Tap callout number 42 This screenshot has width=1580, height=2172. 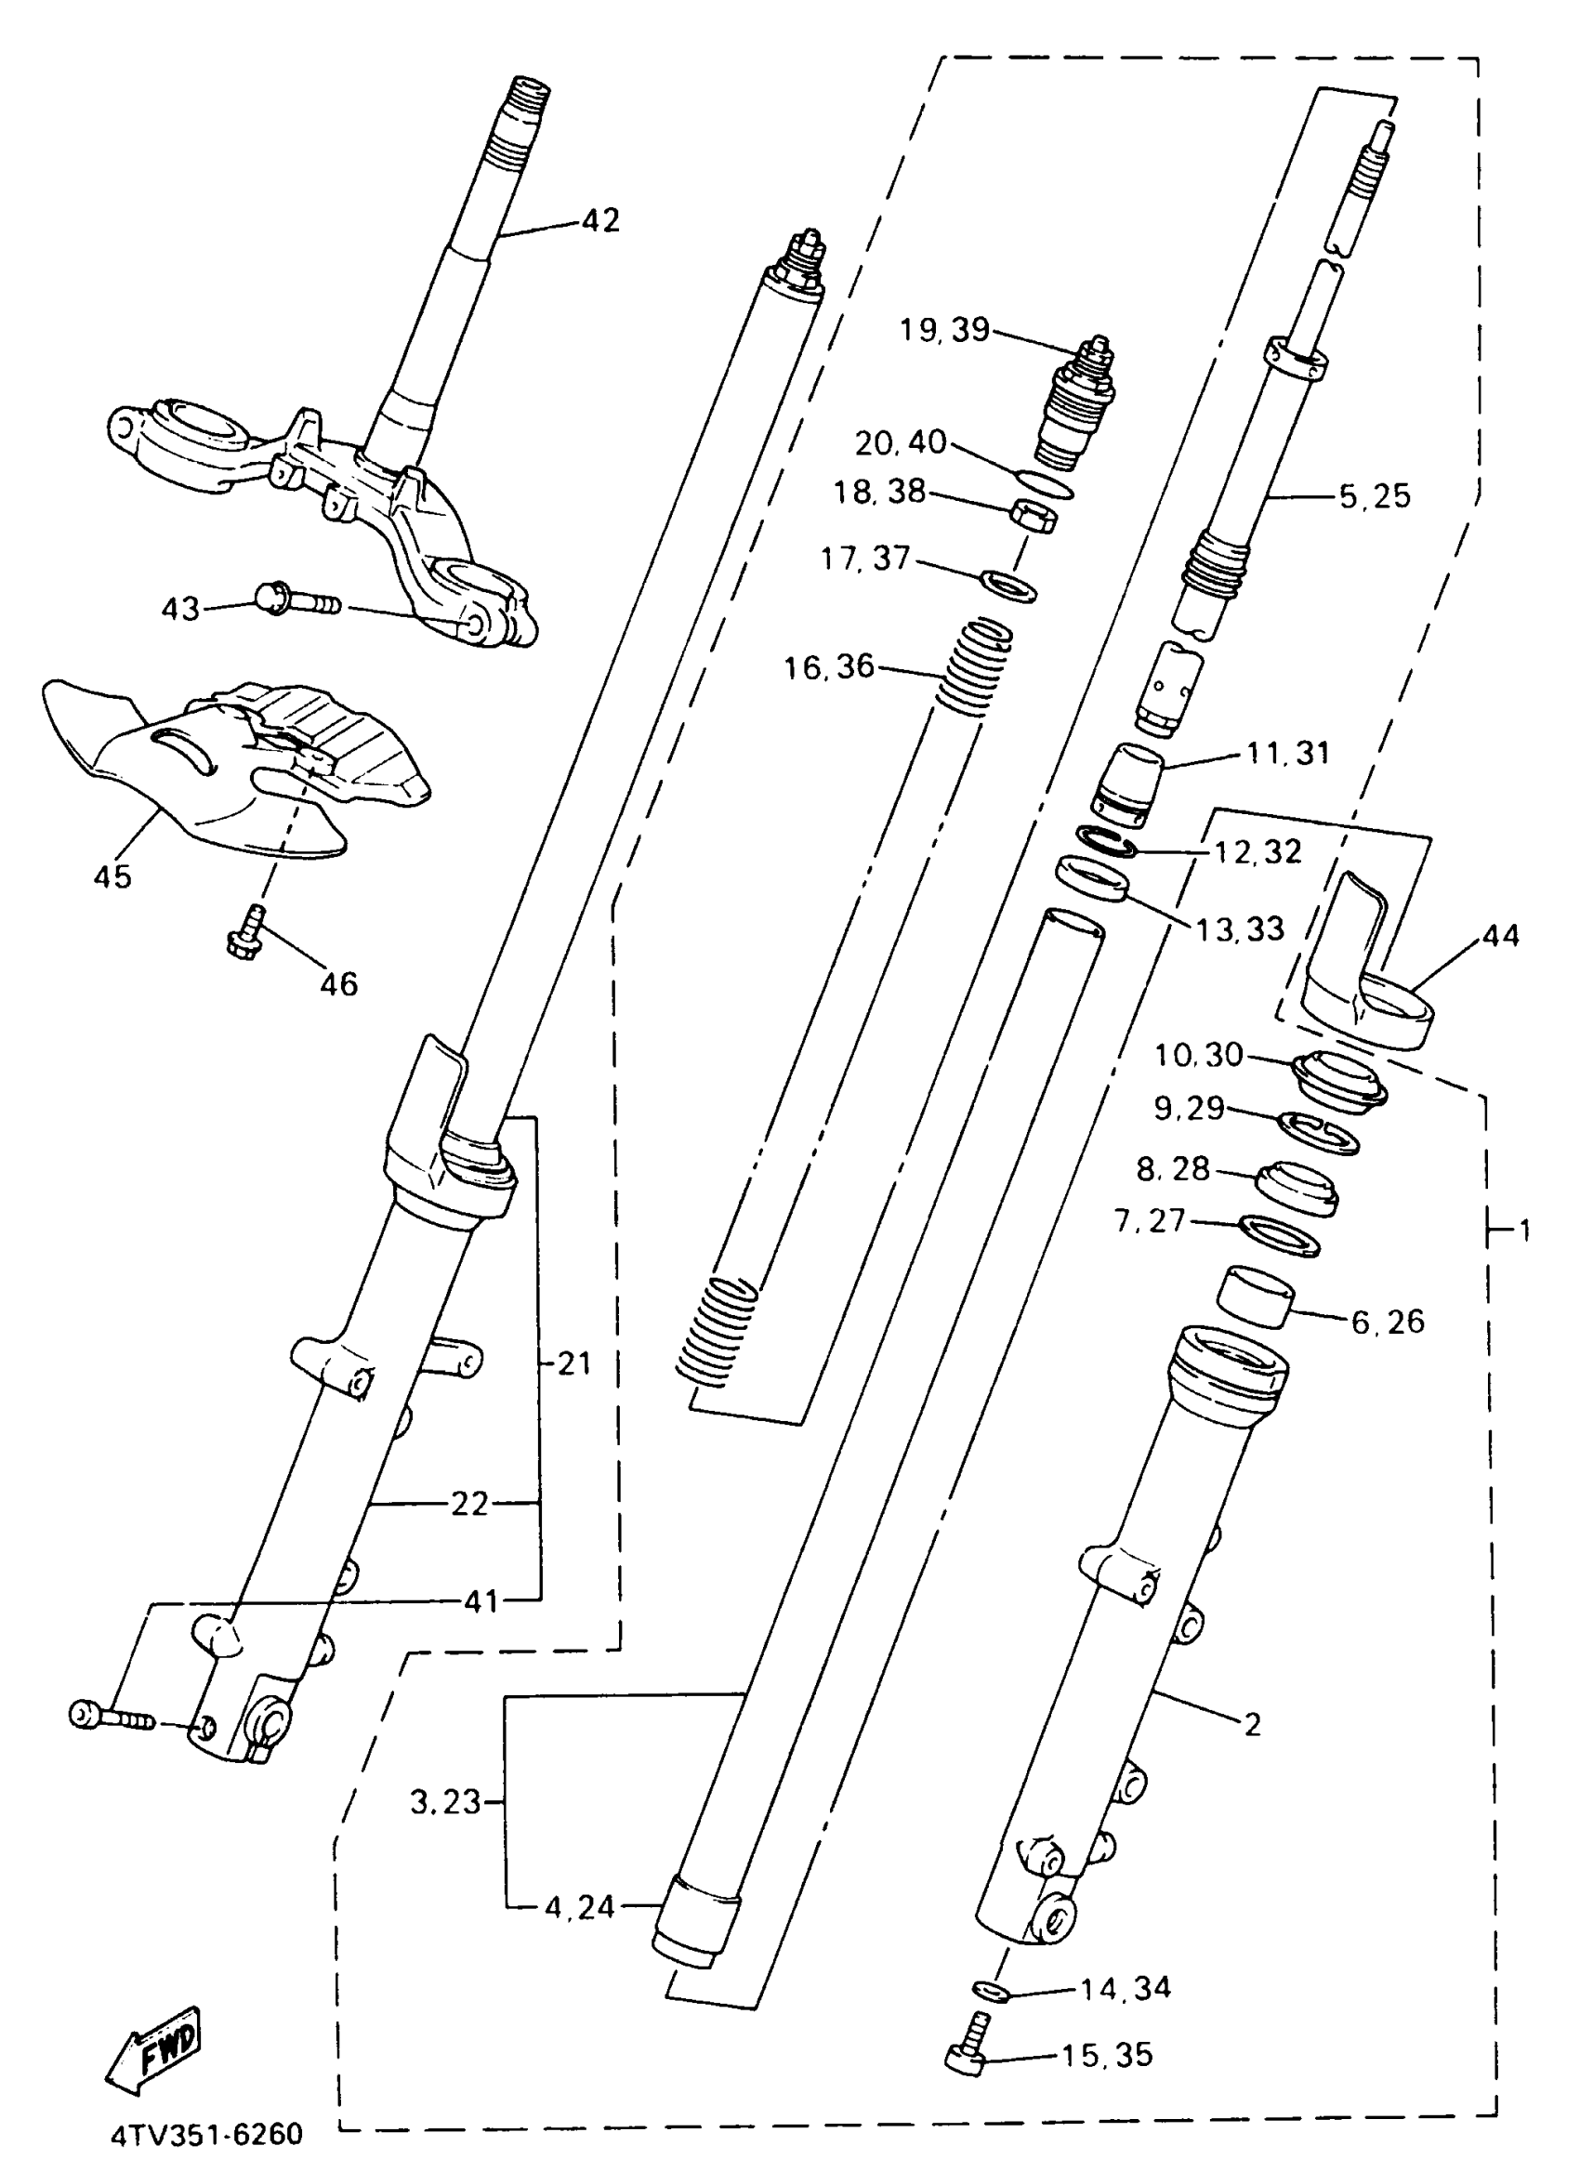click(600, 220)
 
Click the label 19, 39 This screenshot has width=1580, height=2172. click(944, 330)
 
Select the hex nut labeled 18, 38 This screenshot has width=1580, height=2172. click(1034, 516)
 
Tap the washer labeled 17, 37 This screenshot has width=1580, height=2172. click(1009, 586)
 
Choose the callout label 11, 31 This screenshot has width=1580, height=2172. click(1288, 753)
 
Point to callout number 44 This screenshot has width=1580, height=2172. click(1499, 936)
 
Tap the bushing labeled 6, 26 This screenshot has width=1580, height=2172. click(1255, 1297)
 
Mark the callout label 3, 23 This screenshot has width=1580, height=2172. click(445, 1802)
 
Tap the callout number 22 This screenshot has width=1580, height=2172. click(469, 1505)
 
